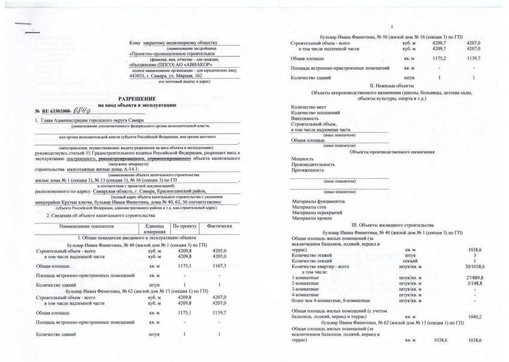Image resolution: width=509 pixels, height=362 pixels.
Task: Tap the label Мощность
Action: (x=302, y=159)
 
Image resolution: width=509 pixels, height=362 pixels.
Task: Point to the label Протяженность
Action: (x=307, y=169)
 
